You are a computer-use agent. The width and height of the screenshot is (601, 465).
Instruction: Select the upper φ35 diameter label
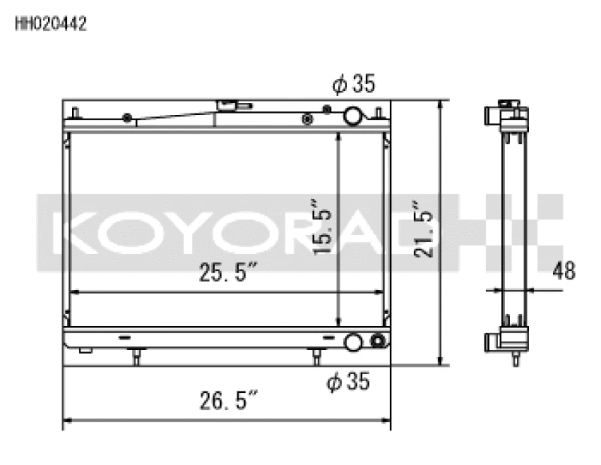pos(352,85)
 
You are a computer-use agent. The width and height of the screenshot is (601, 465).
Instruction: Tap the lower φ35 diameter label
pos(349,382)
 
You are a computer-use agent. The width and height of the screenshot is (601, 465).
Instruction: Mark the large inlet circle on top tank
pos(352,116)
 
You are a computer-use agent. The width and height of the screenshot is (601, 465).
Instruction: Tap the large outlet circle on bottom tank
pos(352,343)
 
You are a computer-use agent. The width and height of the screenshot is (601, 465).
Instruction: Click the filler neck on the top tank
pos(227,106)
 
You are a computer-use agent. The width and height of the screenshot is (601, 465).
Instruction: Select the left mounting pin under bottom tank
pos(135,355)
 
